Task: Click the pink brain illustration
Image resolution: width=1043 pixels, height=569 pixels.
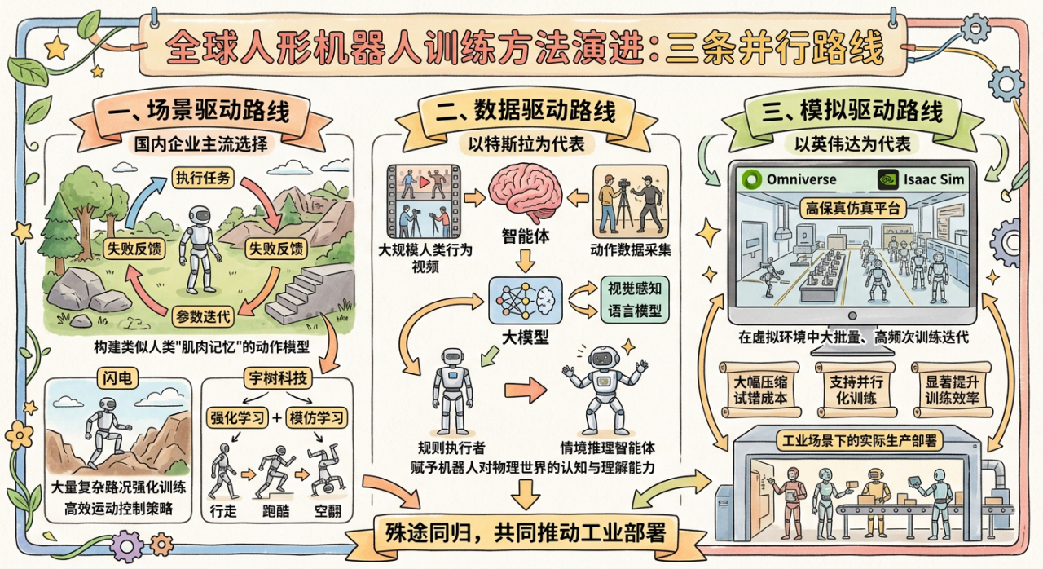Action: point(526,193)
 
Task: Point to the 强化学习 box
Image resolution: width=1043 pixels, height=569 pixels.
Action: point(235,417)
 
